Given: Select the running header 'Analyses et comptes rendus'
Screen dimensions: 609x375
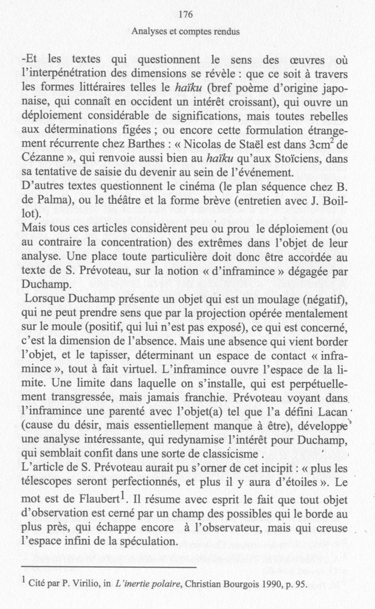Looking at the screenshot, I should [186, 32].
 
